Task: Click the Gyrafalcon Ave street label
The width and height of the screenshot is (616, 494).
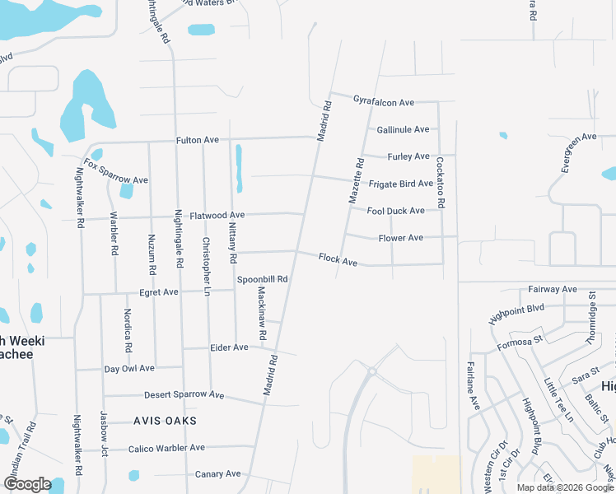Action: tap(383, 102)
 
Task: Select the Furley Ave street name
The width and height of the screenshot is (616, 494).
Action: tap(409, 156)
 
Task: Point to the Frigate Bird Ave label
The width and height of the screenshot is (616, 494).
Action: tap(400, 184)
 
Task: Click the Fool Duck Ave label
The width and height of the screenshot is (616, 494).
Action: tap(395, 211)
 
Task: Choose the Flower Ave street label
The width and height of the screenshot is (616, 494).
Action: tap(400, 238)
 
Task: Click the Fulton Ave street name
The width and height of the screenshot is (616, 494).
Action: tap(197, 140)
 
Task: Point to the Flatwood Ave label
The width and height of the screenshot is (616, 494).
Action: tap(217, 216)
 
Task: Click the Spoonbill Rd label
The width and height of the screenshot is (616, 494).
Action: tap(262, 279)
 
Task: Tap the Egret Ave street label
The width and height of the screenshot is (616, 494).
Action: tap(159, 292)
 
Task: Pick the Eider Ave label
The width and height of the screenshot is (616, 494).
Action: tap(229, 347)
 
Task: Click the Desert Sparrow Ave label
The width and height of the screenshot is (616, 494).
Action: tap(184, 395)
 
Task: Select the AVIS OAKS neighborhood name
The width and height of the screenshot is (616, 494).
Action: tap(165, 421)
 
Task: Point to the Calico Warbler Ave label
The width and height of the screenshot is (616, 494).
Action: tap(166, 448)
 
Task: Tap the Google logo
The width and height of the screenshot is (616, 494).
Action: tap(26, 484)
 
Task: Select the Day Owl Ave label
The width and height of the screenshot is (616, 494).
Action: tap(129, 368)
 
